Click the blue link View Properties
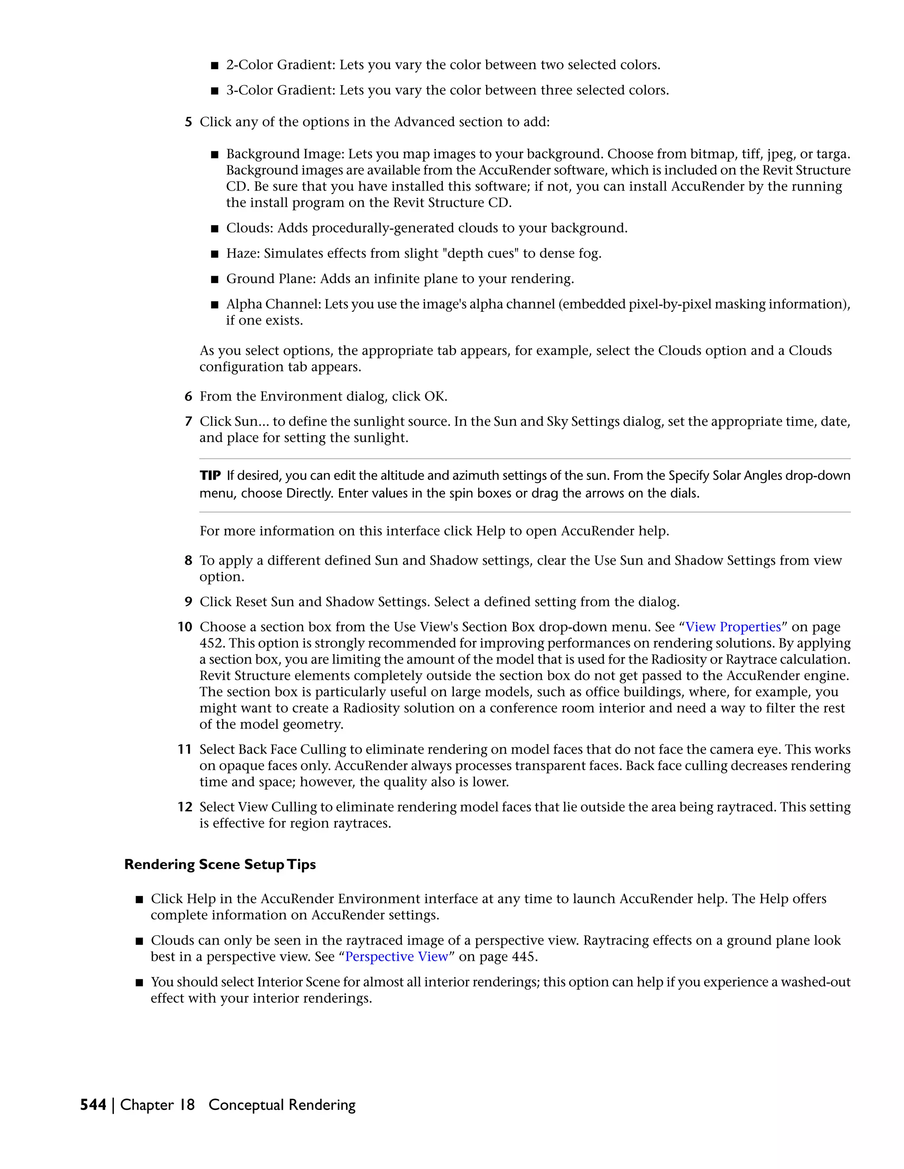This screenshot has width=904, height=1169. coord(733,627)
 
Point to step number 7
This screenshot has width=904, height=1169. coord(188,422)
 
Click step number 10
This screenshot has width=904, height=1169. coord(185,627)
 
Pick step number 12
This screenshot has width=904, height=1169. coord(185,807)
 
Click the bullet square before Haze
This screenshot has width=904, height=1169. coord(215,254)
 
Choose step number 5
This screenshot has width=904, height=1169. coord(188,122)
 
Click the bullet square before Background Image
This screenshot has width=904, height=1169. coord(215,155)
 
